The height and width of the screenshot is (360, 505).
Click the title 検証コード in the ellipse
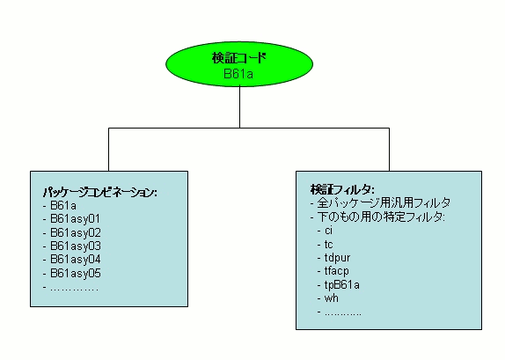pos(238,58)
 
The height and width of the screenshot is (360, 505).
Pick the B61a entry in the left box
pos(63,205)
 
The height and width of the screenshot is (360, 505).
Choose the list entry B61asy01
pos(75,218)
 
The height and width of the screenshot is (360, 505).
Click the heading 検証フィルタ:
pos(342,189)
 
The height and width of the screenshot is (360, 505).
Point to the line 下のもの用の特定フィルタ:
pos(380,217)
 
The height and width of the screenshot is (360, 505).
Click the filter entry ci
pos(328,231)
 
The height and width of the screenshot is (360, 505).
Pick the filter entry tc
pos(328,244)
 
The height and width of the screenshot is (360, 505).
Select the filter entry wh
pos(330,298)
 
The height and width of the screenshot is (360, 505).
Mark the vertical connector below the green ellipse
pos(238,109)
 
